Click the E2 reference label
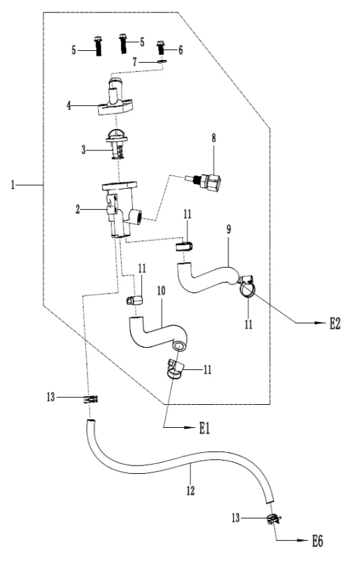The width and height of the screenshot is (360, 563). pyautogui.click(x=334, y=324)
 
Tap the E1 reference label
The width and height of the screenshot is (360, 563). pyautogui.click(x=204, y=428)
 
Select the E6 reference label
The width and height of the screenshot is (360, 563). pyautogui.click(x=318, y=541)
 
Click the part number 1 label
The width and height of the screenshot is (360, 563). pyautogui.click(x=13, y=185)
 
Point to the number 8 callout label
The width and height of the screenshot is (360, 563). pyautogui.click(x=214, y=138)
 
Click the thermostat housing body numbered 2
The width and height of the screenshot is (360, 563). pyautogui.click(x=121, y=209)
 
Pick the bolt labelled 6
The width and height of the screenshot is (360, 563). pyautogui.click(x=161, y=48)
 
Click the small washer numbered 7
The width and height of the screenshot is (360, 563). pyautogui.click(x=162, y=62)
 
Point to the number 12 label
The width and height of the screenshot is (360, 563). pyautogui.click(x=190, y=491)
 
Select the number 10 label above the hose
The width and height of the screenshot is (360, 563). pyautogui.click(x=161, y=291)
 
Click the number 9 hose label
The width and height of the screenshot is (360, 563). pyautogui.click(x=228, y=229)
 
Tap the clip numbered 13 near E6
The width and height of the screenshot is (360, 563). pyautogui.click(x=274, y=518)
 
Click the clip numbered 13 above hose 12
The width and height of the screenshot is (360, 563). pyautogui.click(x=91, y=399)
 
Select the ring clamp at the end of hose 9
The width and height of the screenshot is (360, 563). pyautogui.click(x=246, y=286)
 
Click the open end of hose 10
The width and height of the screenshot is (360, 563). pyautogui.click(x=179, y=346)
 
